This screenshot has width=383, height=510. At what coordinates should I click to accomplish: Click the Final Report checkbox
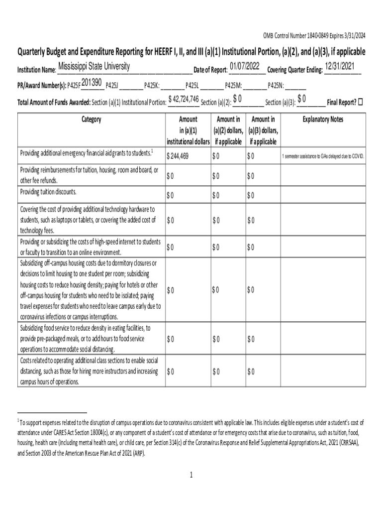[x=361, y=102]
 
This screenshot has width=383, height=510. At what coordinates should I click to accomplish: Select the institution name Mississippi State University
[x=94, y=67]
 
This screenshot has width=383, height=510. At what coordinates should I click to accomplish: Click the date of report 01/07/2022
[x=244, y=66]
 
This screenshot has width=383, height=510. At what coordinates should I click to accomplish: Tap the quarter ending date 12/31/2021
[x=341, y=67]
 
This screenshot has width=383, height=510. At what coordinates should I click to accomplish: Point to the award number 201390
[x=92, y=82]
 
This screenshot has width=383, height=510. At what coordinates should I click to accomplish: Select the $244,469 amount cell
[x=178, y=156]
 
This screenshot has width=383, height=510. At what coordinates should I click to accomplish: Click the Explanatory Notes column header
[x=323, y=120]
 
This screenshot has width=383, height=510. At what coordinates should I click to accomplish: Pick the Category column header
[x=90, y=120]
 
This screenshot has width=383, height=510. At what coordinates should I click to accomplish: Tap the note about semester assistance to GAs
[x=323, y=157]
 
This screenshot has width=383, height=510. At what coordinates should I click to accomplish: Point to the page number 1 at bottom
[x=191, y=475]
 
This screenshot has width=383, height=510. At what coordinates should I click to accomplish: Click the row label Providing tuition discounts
[x=48, y=192]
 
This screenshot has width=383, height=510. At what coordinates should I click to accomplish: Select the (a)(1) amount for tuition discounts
[x=170, y=195]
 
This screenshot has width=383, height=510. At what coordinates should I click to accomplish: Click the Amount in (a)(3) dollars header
[x=263, y=130]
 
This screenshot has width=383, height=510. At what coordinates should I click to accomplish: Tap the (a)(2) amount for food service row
[x=216, y=339]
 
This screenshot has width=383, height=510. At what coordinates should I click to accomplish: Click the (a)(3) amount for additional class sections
[x=251, y=372]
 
